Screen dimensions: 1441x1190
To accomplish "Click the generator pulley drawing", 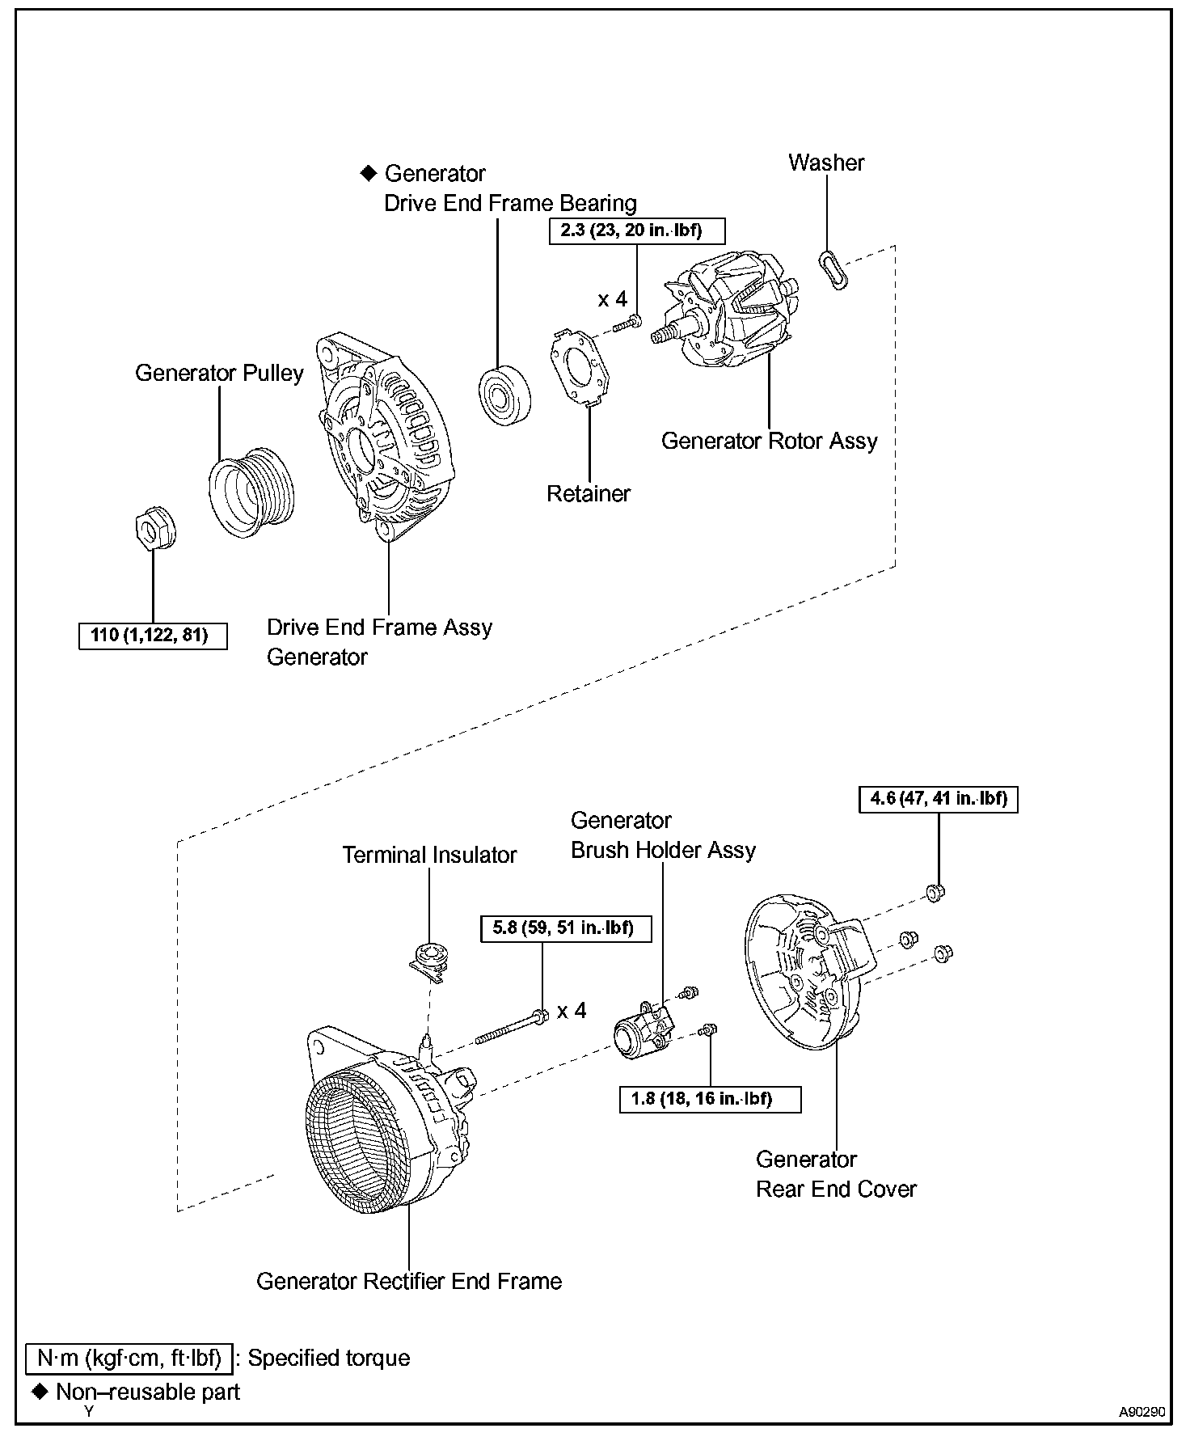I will (x=251, y=491).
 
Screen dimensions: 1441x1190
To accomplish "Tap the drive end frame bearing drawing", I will (x=505, y=395).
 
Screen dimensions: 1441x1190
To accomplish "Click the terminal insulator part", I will (x=429, y=961).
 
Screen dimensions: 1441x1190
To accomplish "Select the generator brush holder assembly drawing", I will (x=642, y=1031).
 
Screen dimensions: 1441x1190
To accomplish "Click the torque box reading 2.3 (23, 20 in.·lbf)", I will (x=637, y=230).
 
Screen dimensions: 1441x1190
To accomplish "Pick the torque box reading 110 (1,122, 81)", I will (x=153, y=636).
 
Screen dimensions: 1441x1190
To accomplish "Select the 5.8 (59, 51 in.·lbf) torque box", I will (x=563, y=928).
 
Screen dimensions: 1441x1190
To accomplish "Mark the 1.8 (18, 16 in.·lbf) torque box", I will (x=710, y=1099).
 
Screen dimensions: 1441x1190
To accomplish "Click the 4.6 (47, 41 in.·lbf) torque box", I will (x=939, y=799).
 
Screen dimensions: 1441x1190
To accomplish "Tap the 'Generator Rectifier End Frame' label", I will (x=408, y=1282).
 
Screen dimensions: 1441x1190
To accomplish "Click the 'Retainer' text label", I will (x=589, y=493).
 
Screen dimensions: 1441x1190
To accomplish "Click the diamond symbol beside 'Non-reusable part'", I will (x=40, y=1392).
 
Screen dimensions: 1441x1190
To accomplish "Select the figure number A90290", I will (x=1141, y=1412).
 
